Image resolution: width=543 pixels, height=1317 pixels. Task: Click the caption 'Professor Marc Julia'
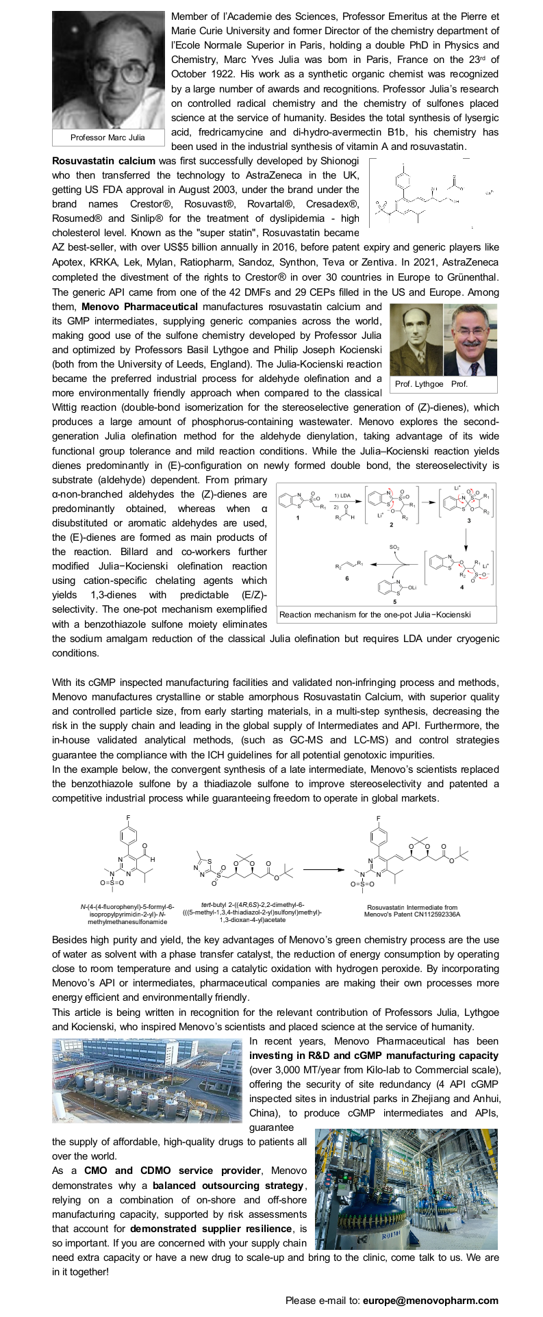108,138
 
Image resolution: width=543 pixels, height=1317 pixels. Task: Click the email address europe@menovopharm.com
431,1301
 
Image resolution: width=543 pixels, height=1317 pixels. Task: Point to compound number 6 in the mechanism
347,578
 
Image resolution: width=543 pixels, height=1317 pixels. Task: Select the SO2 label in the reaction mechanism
395,548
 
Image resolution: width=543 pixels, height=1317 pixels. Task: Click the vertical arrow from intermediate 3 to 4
466,537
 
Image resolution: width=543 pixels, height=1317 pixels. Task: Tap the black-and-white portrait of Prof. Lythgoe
415,340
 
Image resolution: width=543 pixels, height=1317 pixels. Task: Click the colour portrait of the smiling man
470,340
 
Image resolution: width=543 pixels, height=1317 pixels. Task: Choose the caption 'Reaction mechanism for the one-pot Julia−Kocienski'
375,614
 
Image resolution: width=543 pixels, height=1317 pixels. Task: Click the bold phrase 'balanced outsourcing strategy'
227,1185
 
